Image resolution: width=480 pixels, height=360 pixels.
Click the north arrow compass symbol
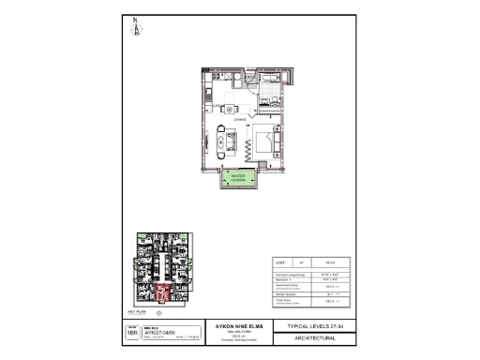pyautogui.click(x=136, y=27)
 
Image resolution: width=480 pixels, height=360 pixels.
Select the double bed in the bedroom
pyautogui.click(x=263, y=142)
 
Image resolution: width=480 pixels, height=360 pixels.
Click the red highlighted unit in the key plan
pyautogui.click(x=160, y=295)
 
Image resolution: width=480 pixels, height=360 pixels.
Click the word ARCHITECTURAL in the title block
pyautogui.click(x=304, y=340)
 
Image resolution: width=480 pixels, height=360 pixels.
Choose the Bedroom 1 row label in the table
pyautogui.click(x=282, y=279)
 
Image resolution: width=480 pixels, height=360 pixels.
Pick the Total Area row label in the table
pyautogui.click(x=282, y=302)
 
